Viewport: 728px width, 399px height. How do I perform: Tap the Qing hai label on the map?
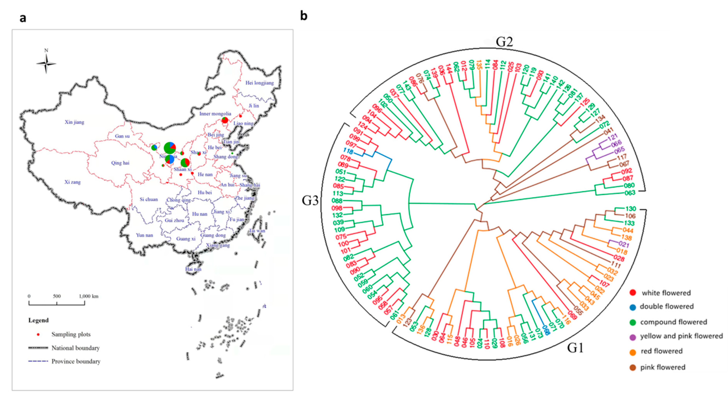[120, 163]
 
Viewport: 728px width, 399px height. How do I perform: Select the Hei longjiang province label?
[259, 83]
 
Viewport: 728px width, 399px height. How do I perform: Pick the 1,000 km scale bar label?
[89, 296]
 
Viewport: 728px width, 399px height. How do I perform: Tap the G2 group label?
[504, 42]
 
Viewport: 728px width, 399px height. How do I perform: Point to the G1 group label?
[575, 348]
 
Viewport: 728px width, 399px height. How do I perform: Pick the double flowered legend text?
[667, 307]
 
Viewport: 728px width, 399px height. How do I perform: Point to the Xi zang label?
[73, 182]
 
